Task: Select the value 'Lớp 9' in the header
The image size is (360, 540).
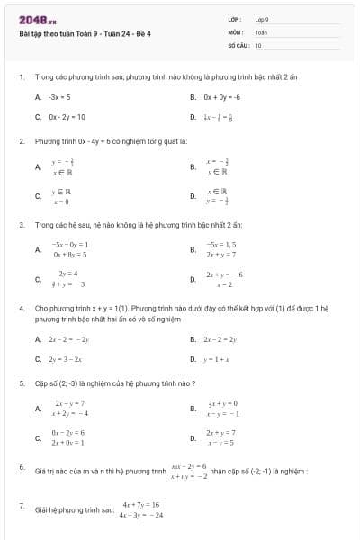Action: pos(262,19)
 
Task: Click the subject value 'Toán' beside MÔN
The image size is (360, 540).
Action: pos(261,31)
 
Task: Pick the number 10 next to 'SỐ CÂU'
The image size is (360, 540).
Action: pos(258,44)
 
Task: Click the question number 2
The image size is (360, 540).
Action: pos(21,141)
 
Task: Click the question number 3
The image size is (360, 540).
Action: pos(21,223)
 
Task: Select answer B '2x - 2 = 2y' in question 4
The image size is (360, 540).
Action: pos(221,338)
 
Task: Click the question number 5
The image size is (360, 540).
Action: pos(21,382)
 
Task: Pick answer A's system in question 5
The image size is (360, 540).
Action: pos(70,409)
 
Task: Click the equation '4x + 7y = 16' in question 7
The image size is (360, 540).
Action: pos(140,505)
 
